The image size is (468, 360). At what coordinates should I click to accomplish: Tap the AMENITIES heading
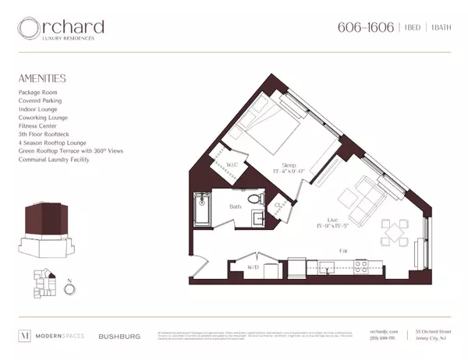coord(41,78)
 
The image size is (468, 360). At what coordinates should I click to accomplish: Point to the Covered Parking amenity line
coord(39,101)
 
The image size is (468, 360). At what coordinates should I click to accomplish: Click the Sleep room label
coord(288,166)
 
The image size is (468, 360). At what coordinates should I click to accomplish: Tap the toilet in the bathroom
coord(253,202)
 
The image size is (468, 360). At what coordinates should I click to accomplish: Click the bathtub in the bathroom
coord(202,209)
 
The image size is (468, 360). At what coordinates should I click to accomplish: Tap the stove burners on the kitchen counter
coord(361,266)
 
